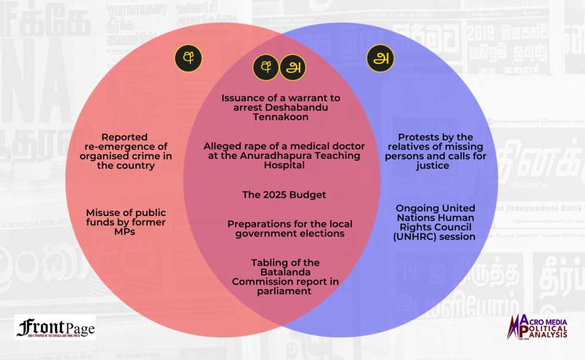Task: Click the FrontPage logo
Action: click(55, 327)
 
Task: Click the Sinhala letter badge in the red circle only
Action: click(189, 58)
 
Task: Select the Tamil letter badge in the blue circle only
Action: click(380, 58)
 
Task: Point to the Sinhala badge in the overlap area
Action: click(266, 67)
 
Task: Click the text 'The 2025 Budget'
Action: click(284, 195)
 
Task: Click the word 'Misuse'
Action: click(102, 213)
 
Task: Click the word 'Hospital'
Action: click(284, 165)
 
